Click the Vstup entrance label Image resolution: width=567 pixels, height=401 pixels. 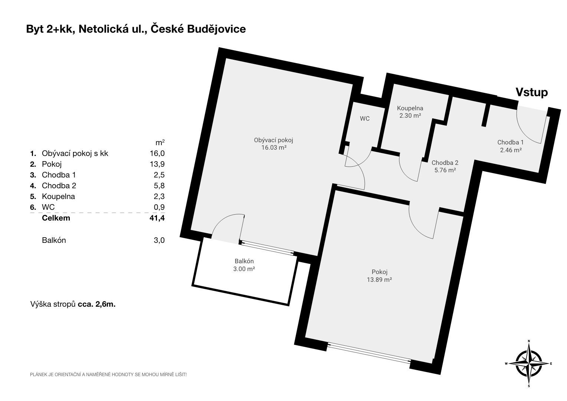(x=531, y=92)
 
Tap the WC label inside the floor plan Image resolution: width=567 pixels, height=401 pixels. (x=365, y=118)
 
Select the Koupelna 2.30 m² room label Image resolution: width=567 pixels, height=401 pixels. (x=410, y=112)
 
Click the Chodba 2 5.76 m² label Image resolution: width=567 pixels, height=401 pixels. (x=445, y=166)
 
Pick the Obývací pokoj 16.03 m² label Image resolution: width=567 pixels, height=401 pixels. (x=273, y=144)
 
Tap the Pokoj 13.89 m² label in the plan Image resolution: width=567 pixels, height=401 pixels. (x=380, y=276)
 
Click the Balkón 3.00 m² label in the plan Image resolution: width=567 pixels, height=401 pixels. (x=244, y=265)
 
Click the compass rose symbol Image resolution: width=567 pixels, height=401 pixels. (x=529, y=364)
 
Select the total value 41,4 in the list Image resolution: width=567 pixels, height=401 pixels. (x=157, y=218)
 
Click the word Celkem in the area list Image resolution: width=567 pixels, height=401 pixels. (x=56, y=218)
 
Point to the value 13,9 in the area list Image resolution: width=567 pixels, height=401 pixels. (x=157, y=164)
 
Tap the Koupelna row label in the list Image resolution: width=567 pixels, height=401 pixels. (x=59, y=196)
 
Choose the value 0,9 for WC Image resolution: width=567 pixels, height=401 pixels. (x=159, y=207)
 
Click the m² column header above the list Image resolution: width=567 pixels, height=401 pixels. (x=160, y=142)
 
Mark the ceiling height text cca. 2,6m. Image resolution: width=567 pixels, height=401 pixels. (x=96, y=304)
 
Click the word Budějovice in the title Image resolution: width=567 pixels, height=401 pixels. (x=216, y=29)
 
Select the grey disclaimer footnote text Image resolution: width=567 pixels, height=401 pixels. (x=108, y=374)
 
